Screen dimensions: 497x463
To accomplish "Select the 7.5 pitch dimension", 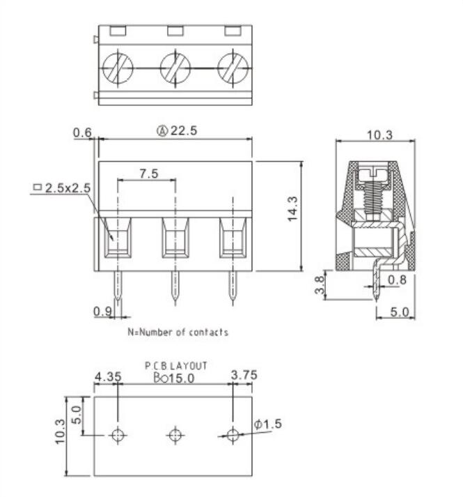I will [x=147, y=173].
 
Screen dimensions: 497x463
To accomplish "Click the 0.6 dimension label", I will [x=84, y=132].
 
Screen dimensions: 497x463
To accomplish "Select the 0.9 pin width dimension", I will [x=102, y=311].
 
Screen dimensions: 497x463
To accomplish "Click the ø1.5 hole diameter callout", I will [x=269, y=424].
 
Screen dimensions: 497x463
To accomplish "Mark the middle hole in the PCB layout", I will [x=175, y=435].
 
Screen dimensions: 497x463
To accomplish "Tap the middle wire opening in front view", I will [x=175, y=240].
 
